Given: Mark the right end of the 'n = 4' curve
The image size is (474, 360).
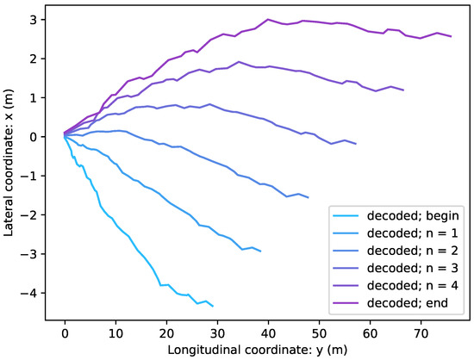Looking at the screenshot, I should click(403, 90).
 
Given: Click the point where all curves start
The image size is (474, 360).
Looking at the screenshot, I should click(65, 134).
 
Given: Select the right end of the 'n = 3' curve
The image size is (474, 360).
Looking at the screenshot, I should click(356, 144).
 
